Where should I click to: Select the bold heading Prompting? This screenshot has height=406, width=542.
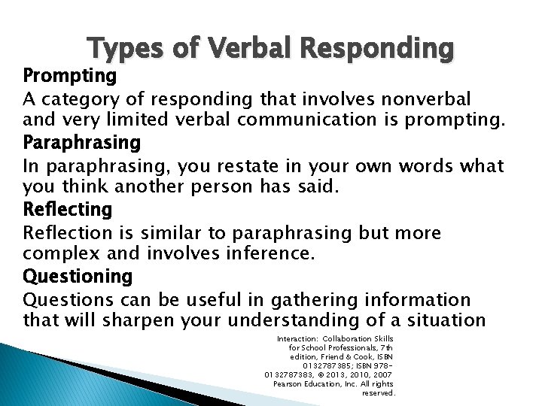click(69, 76)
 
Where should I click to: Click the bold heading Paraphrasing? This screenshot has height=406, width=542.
click(82, 142)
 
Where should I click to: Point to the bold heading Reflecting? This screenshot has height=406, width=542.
click(68, 208)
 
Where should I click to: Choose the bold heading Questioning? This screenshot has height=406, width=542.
click(78, 276)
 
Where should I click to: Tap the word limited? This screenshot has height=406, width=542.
click(154, 120)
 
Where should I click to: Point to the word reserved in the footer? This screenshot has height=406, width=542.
click(379, 392)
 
